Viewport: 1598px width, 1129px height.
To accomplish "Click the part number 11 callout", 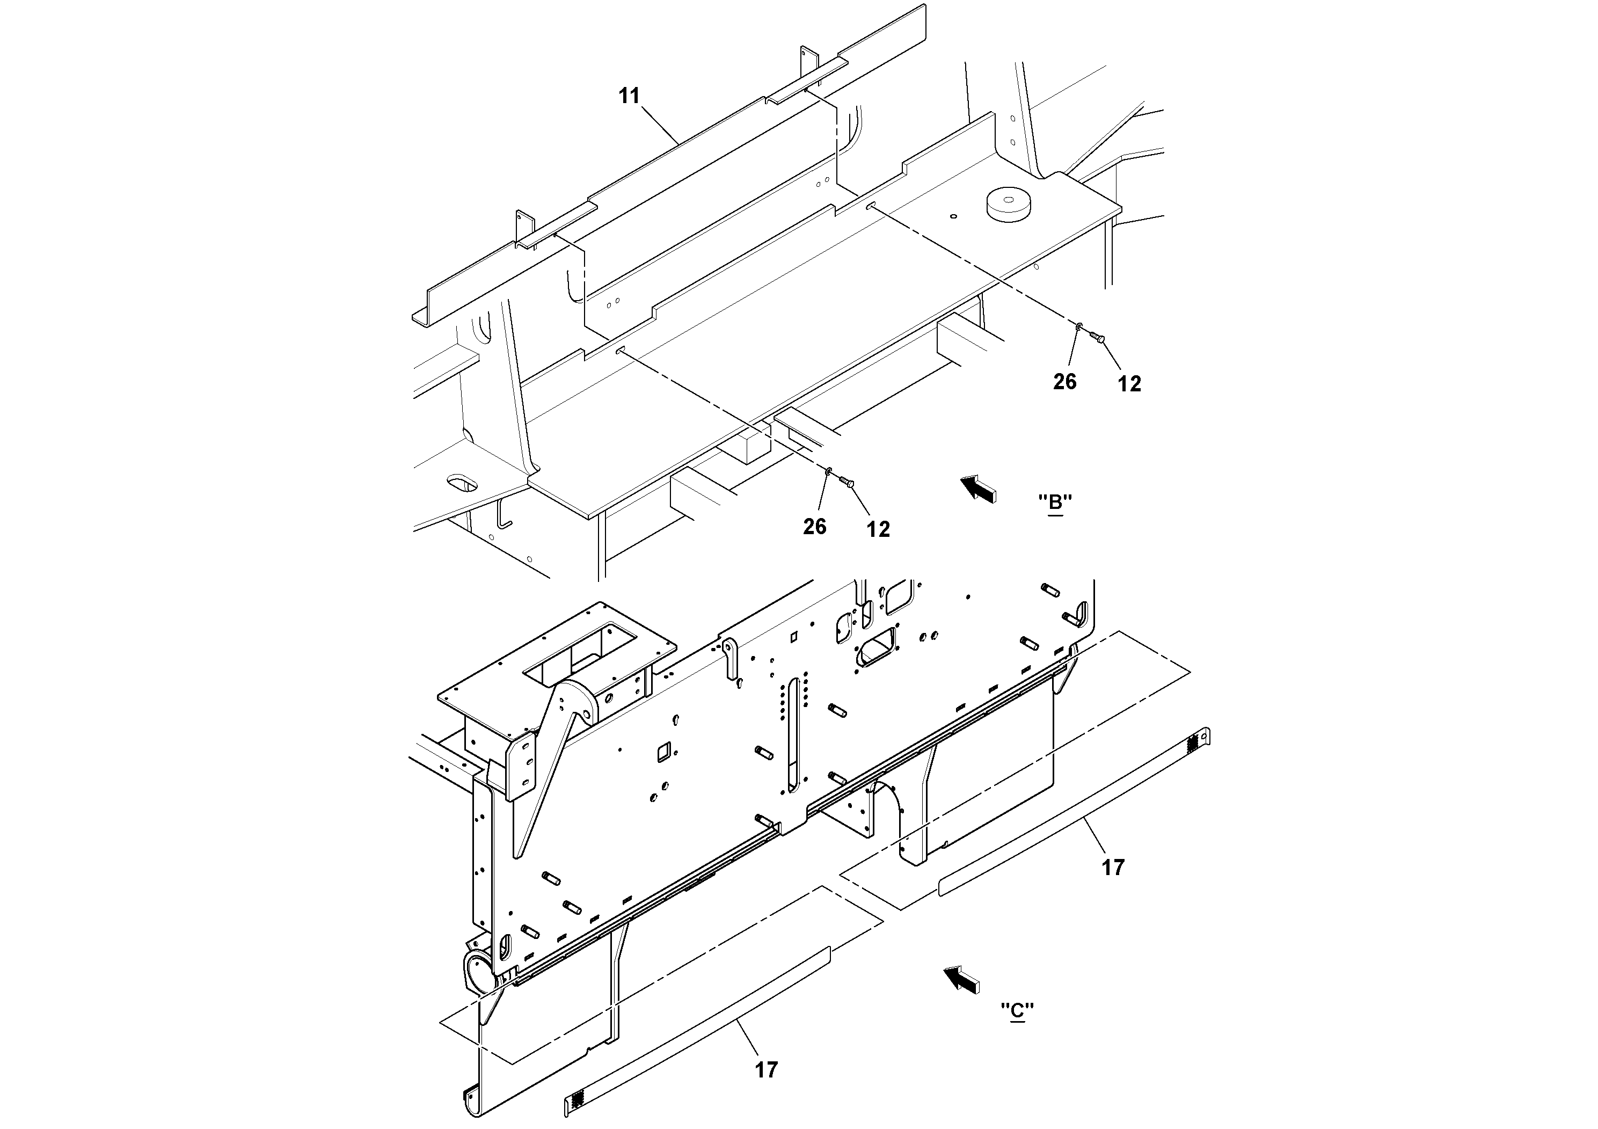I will [629, 96].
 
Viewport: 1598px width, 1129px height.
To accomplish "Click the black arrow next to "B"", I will [979, 489].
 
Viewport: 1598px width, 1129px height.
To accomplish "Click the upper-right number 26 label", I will [1064, 382].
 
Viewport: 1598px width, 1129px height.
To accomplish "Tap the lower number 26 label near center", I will [814, 526].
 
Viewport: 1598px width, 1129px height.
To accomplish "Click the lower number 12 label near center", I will [878, 529].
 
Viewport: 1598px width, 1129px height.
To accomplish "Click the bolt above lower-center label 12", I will [845, 482].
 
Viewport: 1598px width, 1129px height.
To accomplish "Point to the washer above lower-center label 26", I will [828, 472].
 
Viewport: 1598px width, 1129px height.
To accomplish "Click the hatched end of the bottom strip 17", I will [577, 1100].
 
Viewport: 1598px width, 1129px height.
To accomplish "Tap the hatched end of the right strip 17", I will [1194, 742].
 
